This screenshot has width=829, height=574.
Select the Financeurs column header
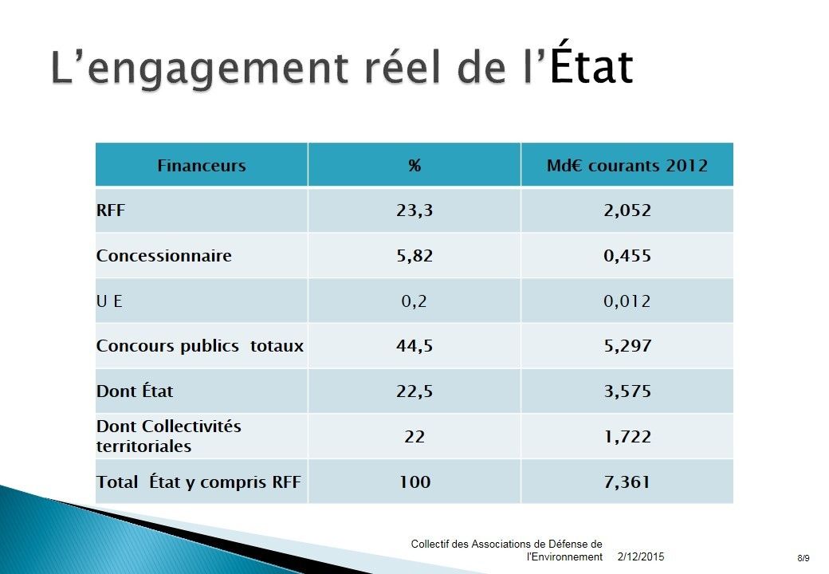click(202, 166)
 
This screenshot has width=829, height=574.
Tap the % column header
click(414, 166)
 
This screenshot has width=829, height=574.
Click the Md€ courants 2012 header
click(627, 166)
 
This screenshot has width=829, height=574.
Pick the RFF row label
click(111, 211)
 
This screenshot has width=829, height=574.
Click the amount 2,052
click(627, 211)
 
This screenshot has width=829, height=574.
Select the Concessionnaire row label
click(164, 256)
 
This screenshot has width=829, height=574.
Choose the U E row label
click(109, 301)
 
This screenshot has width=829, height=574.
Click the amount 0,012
click(627, 301)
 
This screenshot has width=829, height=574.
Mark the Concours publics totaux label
click(200, 347)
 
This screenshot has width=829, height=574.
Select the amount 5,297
click(627, 347)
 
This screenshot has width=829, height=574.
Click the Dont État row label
click(135, 391)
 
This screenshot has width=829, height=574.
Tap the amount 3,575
click(627, 391)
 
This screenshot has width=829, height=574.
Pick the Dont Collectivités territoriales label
click(168, 436)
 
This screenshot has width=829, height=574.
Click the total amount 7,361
click(627, 482)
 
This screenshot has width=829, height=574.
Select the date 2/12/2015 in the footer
click(641, 556)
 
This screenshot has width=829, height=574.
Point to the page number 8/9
click(803, 558)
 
